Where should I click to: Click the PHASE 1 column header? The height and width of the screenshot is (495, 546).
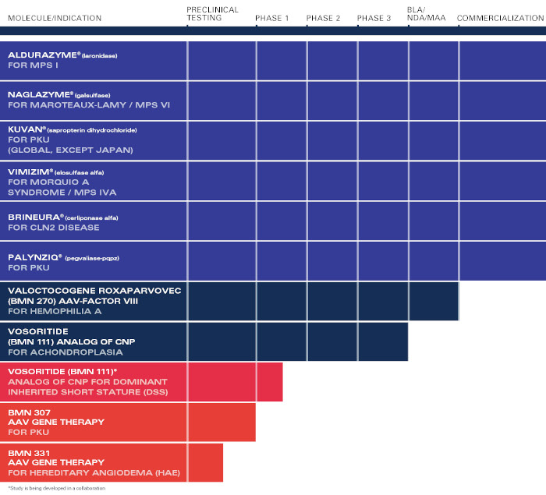(x=271, y=18)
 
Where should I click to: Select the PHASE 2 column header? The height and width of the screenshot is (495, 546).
(x=323, y=18)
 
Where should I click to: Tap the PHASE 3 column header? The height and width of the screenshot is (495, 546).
(x=374, y=18)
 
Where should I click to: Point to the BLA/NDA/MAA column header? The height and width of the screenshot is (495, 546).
(x=427, y=14)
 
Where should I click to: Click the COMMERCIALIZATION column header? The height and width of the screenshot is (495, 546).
(x=500, y=18)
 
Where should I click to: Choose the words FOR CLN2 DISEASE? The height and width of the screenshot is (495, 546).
(x=54, y=228)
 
